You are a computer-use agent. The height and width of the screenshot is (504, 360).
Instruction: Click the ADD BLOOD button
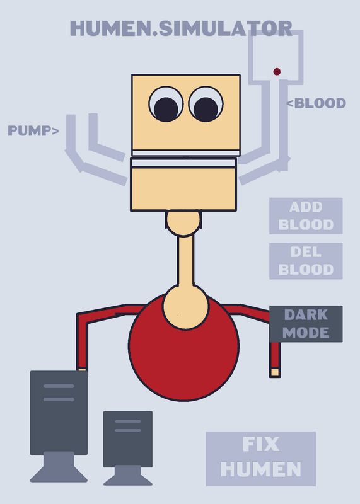click(306, 215)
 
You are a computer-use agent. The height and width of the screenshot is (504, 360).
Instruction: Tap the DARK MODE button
click(306, 324)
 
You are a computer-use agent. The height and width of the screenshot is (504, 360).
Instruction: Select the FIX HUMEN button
click(261, 459)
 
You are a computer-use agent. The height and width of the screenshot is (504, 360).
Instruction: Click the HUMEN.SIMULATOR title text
click(181, 28)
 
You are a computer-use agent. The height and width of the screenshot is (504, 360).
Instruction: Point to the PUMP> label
click(33, 130)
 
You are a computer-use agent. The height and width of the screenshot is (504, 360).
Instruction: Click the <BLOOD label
click(316, 103)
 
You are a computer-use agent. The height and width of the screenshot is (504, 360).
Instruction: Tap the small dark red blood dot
click(277, 71)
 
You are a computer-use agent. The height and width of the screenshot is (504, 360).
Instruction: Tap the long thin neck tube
click(185, 260)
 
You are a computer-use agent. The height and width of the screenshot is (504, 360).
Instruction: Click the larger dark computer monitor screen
click(59, 413)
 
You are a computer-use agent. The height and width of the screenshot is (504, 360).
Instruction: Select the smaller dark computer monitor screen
click(128, 439)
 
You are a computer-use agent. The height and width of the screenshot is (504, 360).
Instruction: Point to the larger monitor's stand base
click(59, 467)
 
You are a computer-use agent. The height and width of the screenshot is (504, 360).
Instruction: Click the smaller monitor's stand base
click(128, 475)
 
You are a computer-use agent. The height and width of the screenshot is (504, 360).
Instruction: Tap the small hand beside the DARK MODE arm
click(275, 372)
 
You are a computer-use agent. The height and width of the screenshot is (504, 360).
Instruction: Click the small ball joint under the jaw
click(183, 222)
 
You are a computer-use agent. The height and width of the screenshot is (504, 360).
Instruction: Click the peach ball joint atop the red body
click(185, 307)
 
